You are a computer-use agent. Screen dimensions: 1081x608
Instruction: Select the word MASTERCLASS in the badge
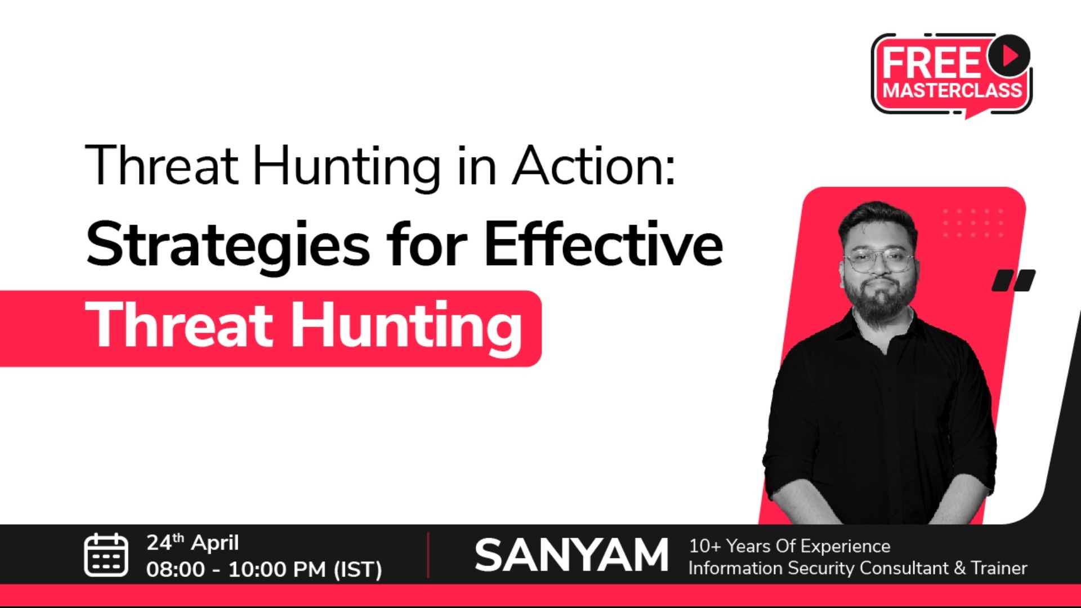coord(952,90)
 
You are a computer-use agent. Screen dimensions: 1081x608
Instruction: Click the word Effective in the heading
coord(603,243)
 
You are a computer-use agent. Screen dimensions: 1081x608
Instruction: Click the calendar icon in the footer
coord(106,555)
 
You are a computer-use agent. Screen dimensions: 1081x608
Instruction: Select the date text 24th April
coord(193,543)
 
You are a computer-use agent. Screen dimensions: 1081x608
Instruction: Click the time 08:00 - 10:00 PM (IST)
coord(264,569)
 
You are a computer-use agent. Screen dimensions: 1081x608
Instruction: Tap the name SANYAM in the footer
coord(571,555)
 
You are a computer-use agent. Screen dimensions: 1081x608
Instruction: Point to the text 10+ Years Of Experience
coord(789,546)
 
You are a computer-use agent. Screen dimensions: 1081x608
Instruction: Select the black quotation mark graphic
coord(1013,280)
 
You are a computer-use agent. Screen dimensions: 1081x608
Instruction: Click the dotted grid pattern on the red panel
coord(973,222)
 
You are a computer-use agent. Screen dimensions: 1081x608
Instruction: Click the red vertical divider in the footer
coord(428,555)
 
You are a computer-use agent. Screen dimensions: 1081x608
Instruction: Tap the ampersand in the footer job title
coord(959,568)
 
